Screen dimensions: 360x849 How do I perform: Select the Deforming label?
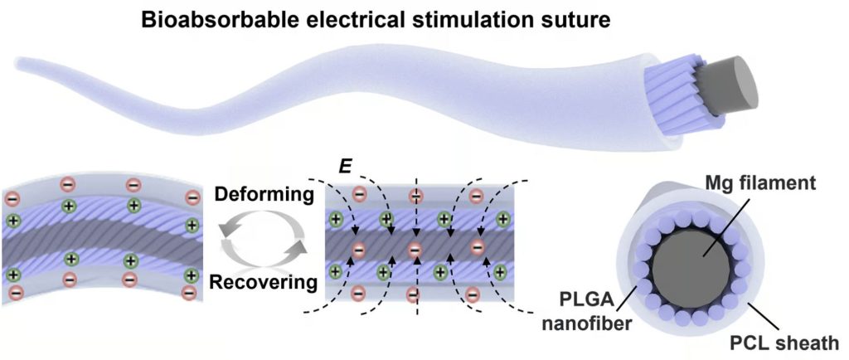[x=260, y=197]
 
